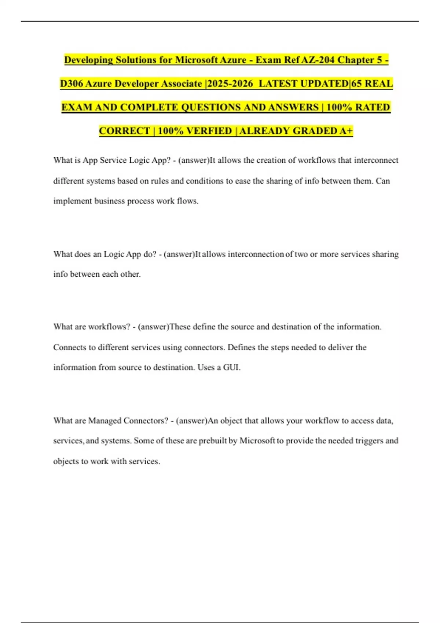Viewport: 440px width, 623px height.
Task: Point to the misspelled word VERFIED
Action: pyautogui.click(x=209, y=131)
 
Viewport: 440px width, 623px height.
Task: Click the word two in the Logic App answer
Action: pyautogui.click(x=301, y=254)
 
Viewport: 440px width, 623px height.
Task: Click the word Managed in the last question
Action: pyautogui.click(x=104, y=420)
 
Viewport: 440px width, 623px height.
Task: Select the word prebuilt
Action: pyautogui.click(x=213, y=440)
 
